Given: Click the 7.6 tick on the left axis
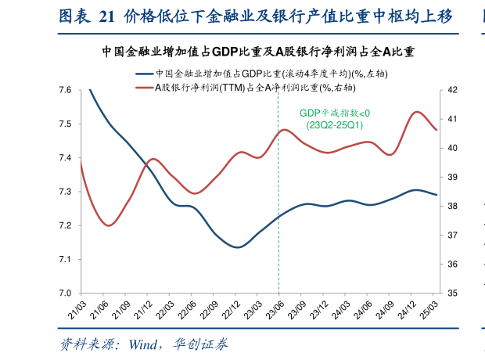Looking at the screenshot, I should pos(65,91).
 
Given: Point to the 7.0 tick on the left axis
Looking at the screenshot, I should pos(65,293).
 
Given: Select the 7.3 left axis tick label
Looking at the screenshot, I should pos(65,192).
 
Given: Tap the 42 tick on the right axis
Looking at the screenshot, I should pos(454,91).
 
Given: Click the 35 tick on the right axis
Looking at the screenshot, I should pos(454,293).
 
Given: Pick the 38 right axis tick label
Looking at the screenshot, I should pos(454,207).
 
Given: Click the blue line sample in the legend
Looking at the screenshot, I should pos(145,74).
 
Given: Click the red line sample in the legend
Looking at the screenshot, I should pos(145,86).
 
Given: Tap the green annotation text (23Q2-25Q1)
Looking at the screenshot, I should pos(334,125).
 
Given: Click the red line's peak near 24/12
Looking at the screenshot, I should pos(417,112).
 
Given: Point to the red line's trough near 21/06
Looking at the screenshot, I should pos(110,225).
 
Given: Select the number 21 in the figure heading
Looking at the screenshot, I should pos(107,16).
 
